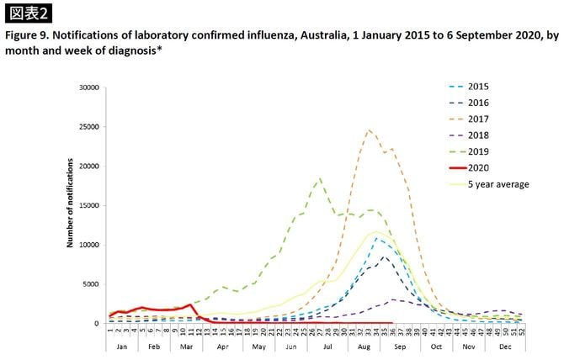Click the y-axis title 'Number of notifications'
point(72,205)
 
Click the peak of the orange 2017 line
point(369,130)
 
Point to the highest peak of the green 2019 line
point(319,178)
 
